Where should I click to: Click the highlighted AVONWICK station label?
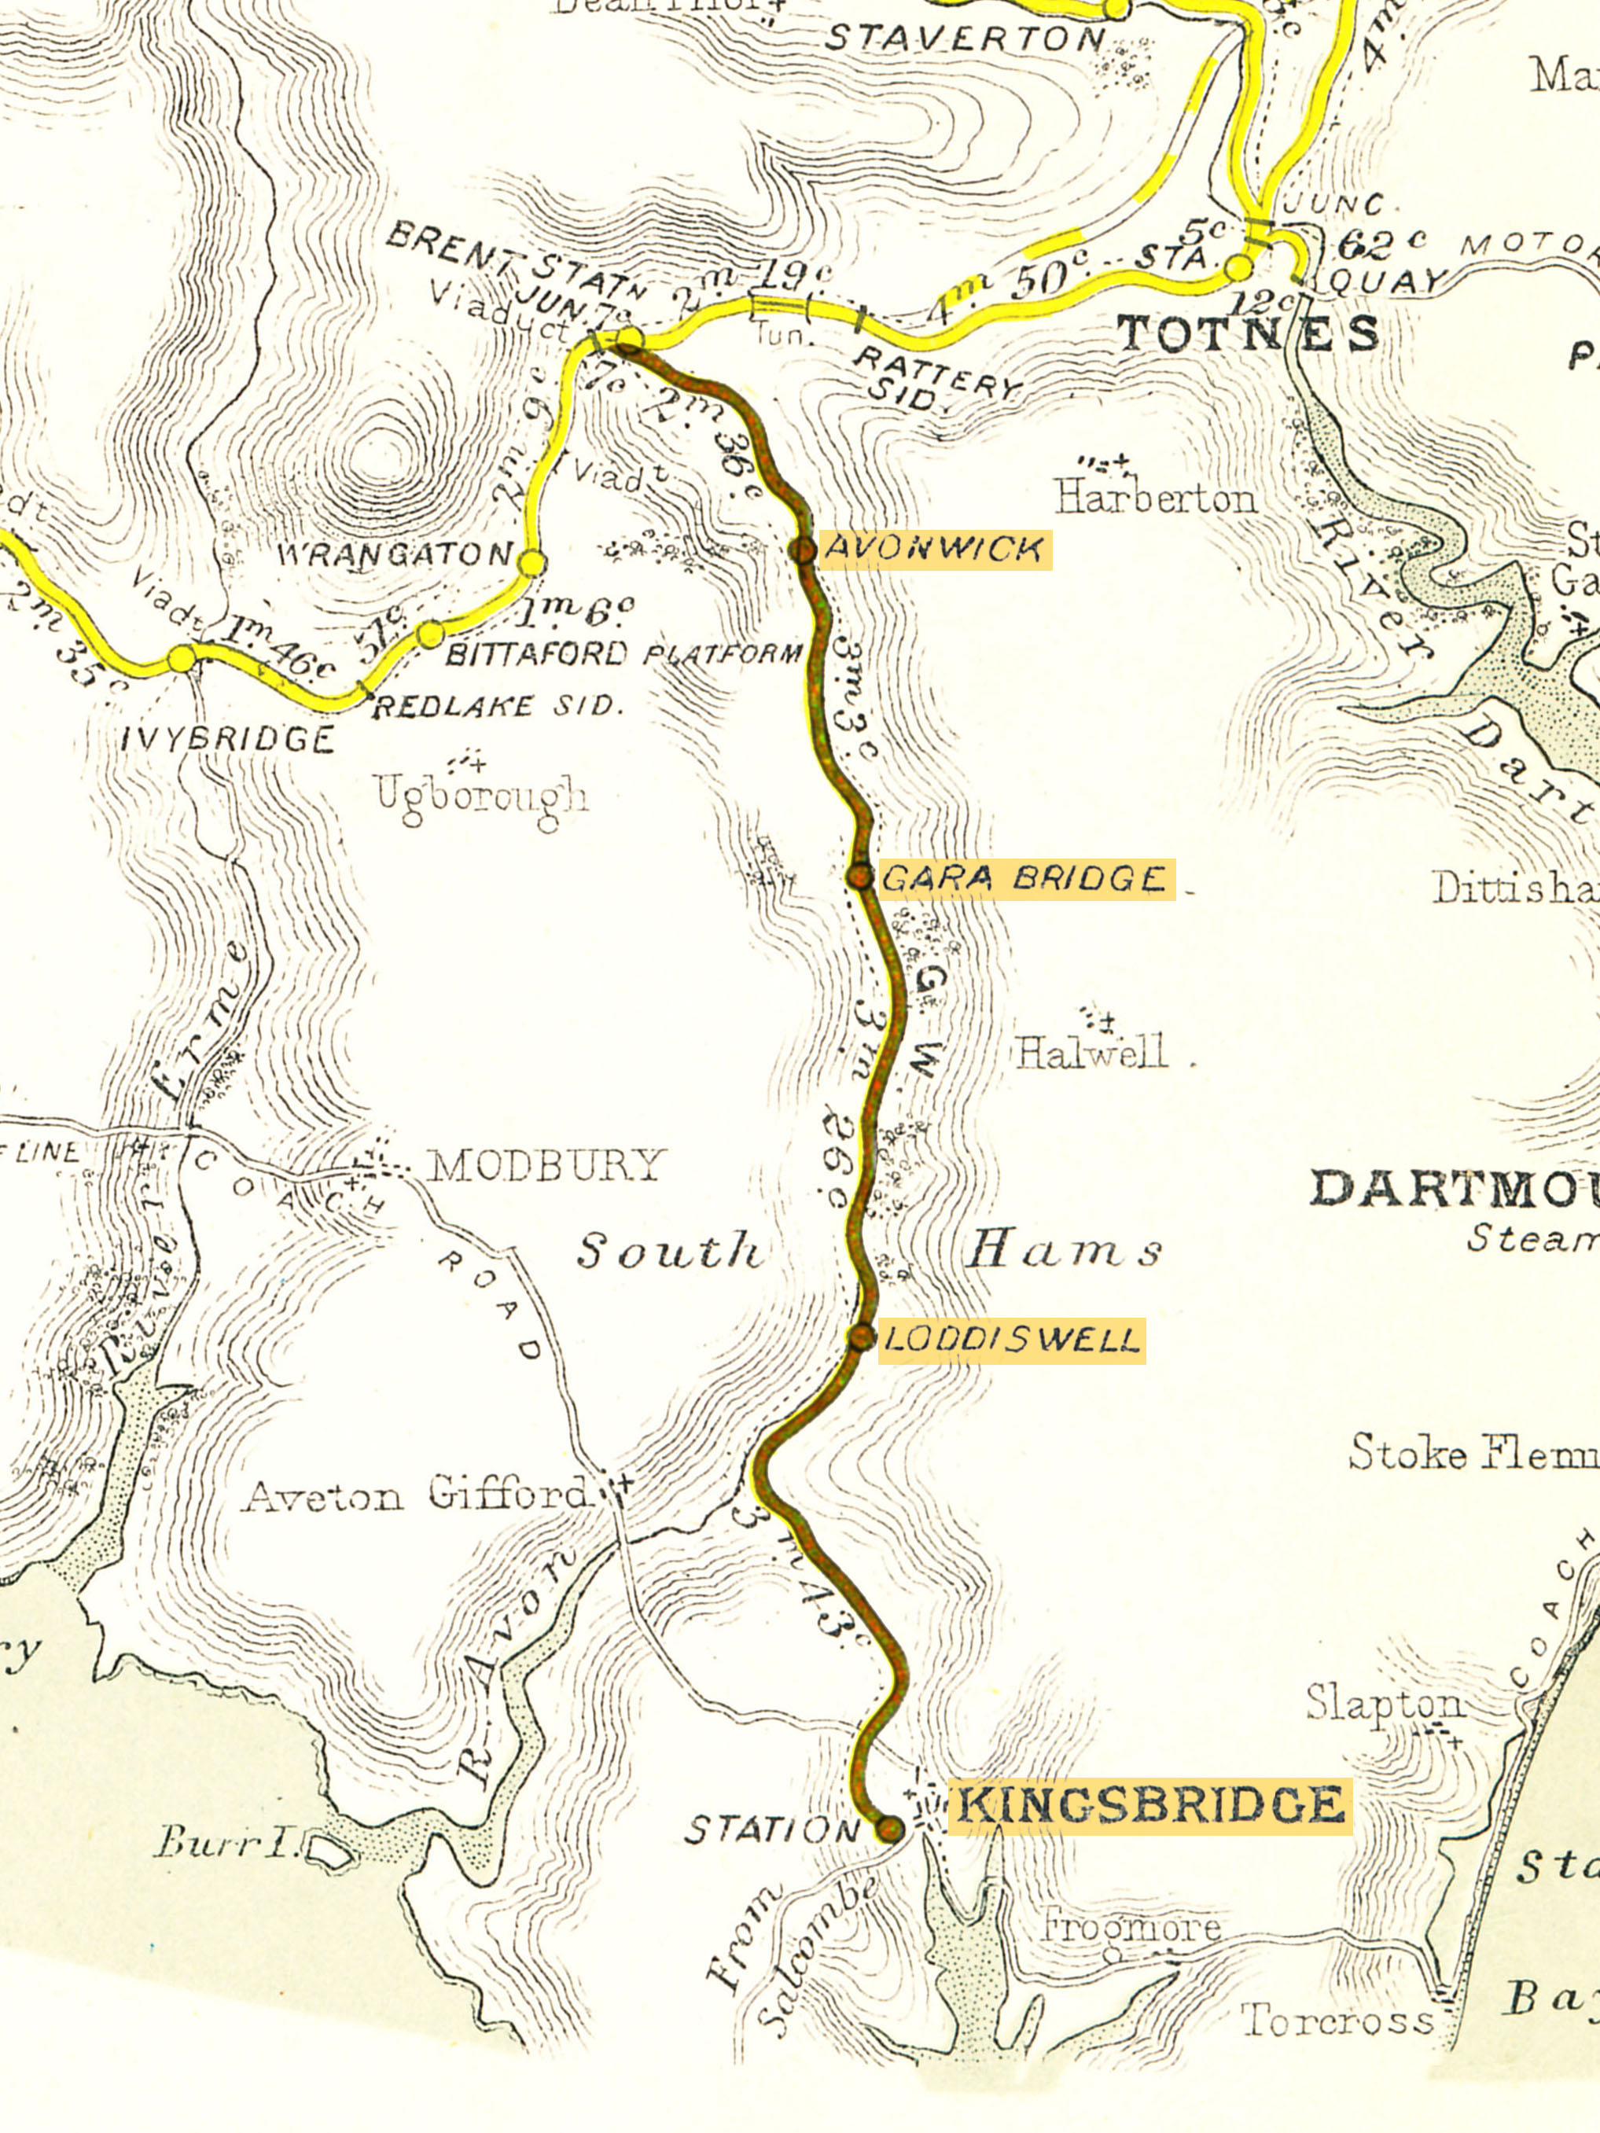pyautogui.click(x=932, y=550)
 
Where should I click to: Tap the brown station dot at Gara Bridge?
pyautogui.click(x=859, y=877)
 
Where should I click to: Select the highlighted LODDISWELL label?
pyautogui.click(x=1011, y=1340)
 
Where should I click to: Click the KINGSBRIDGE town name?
pyautogui.click(x=1149, y=1805)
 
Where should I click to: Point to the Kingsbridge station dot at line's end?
pyautogui.click(x=890, y=1827)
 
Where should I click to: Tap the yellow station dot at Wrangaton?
pyautogui.click(x=532, y=562)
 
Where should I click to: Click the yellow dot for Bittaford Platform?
pyautogui.click(x=431, y=634)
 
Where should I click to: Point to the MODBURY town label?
pyautogui.click(x=546, y=1165)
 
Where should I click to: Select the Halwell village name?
pyautogui.click(x=1091, y=1051)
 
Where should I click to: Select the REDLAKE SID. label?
pyautogui.click(x=494, y=707)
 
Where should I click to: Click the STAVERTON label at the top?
pyautogui.click(x=966, y=39)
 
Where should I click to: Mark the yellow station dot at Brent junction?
pyautogui.click(x=630, y=338)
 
